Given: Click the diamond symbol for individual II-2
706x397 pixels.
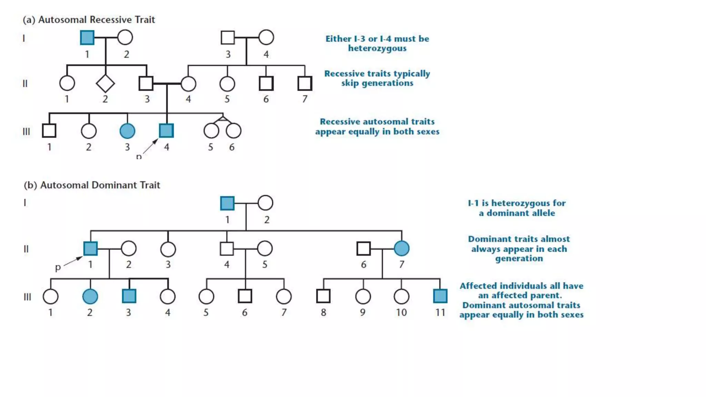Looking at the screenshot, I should pyautogui.click(x=105, y=83).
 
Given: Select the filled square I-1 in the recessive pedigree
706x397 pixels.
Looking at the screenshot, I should pyautogui.click(x=87, y=38).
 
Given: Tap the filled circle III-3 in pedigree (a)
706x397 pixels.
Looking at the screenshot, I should pyautogui.click(x=127, y=131).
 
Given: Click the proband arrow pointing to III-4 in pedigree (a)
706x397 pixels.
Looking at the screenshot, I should pyautogui.click(x=150, y=146).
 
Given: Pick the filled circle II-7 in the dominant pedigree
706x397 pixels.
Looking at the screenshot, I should pyautogui.click(x=402, y=248).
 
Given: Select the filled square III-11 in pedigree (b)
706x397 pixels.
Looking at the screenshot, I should pyautogui.click(x=440, y=296).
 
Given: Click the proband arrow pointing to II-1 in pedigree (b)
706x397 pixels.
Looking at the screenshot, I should pyautogui.click(x=73, y=262).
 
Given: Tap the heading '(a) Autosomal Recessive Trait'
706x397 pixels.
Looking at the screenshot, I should pyautogui.click(x=89, y=20).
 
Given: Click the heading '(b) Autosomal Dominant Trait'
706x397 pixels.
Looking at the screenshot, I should pyautogui.click(x=92, y=185).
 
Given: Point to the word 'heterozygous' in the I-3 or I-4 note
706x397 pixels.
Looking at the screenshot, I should pyautogui.click(x=377, y=48).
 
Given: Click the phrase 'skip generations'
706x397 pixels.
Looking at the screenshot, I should pyautogui.click(x=377, y=83).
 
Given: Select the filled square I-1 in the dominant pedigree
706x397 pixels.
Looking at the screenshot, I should pyautogui.click(x=227, y=203).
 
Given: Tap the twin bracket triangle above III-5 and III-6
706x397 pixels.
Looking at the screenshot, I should pyautogui.click(x=223, y=119).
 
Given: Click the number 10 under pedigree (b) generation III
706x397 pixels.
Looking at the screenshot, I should pyautogui.click(x=401, y=313).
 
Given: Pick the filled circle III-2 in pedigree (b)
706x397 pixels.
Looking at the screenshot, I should pyautogui.click(x=90, y=296).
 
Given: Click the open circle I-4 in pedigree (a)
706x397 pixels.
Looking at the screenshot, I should pyautogui.click(x=266, y=38).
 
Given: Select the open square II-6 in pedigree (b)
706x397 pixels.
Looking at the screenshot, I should pyautogui.click(x=363, y=248).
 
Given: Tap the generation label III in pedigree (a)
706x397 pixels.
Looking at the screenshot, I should pyautogui.click(x=26, y=132).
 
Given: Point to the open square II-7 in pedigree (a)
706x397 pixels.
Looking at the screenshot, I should pyautogui.click(x=305, y=83).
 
